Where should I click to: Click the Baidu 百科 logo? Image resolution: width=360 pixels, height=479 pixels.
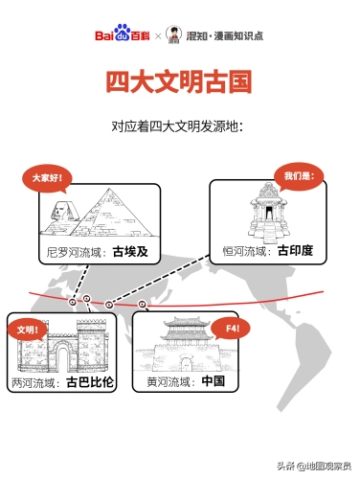tap(124, 35)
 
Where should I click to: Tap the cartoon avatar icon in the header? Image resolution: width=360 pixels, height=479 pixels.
tap(173, 35)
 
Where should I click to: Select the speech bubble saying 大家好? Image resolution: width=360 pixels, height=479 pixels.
tap(47, 177)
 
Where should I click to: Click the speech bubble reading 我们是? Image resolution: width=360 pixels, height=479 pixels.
tap(298, 175)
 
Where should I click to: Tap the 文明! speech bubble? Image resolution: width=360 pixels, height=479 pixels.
tap(30, 330)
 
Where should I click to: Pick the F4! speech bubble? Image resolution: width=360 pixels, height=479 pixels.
tap(232, 329)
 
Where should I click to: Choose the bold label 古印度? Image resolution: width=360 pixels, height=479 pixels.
tap(296, 252)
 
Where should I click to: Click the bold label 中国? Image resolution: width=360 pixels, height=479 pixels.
tap(213, 382)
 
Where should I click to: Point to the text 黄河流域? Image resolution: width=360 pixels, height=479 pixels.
tap(169, 382)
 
